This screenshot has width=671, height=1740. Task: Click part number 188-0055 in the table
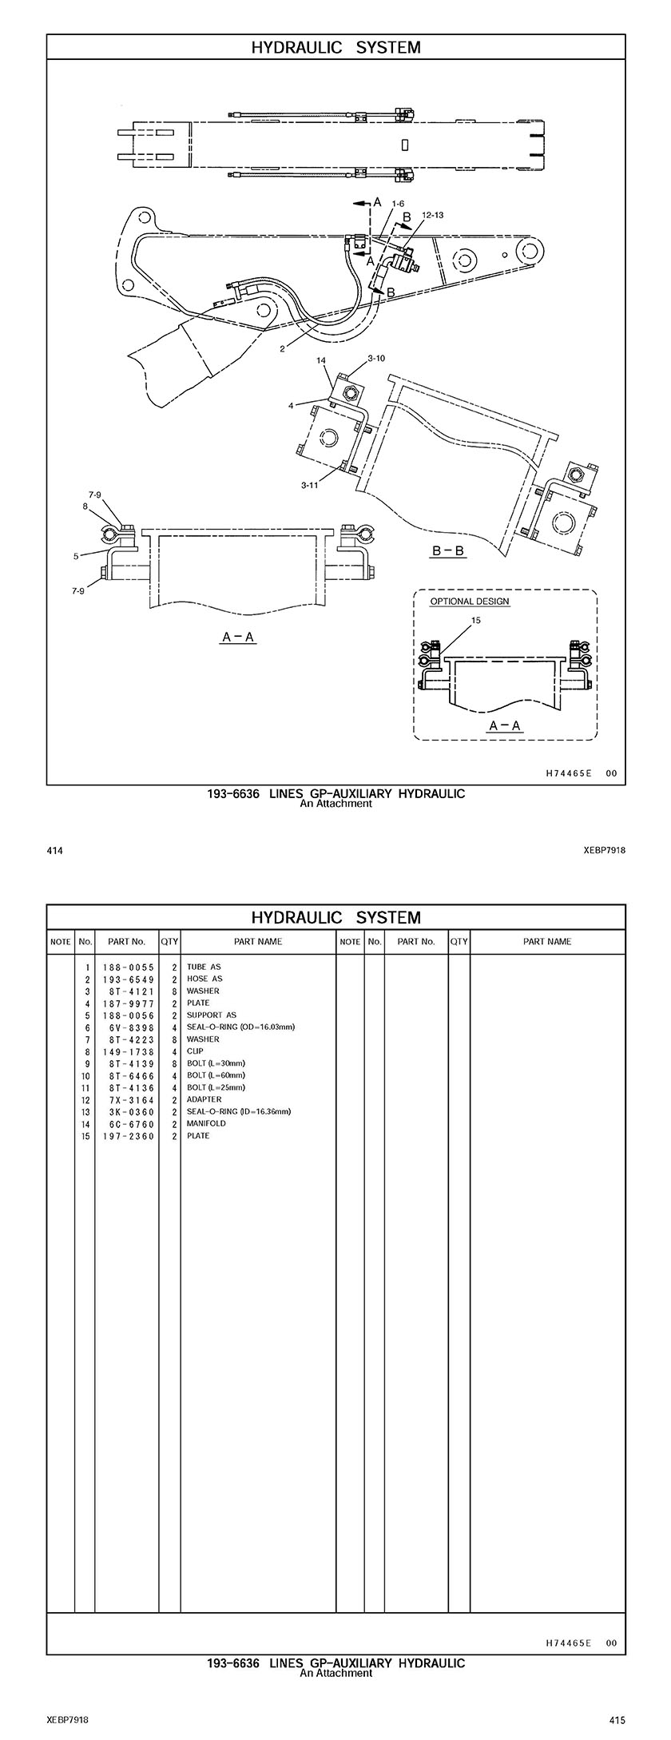(128, 967)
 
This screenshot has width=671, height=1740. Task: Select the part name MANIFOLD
(206, 1123)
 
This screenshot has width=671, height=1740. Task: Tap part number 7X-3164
(128, 1099)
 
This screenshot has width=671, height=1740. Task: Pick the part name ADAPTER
(204, 1099)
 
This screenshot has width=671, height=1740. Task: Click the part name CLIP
(195, 1051)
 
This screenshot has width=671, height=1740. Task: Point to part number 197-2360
(128, 1135)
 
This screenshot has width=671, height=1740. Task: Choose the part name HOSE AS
(204, 979)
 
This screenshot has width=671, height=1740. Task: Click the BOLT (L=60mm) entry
(216, 1075)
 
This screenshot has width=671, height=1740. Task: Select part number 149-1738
(128, 1051)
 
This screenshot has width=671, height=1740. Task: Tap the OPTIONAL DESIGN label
(469, 602)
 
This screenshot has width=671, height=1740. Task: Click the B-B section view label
(448, 552)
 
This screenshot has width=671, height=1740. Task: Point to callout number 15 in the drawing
(476, 620)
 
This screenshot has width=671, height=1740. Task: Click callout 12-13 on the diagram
(432, 215)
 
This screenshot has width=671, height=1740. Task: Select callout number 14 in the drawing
(321, 361)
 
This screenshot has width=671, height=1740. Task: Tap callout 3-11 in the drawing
(310, 485)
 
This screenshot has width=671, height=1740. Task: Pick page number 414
(54, 851)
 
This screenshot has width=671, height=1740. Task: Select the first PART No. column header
(126, 941)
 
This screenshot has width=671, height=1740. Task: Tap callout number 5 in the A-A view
(77, 556)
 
